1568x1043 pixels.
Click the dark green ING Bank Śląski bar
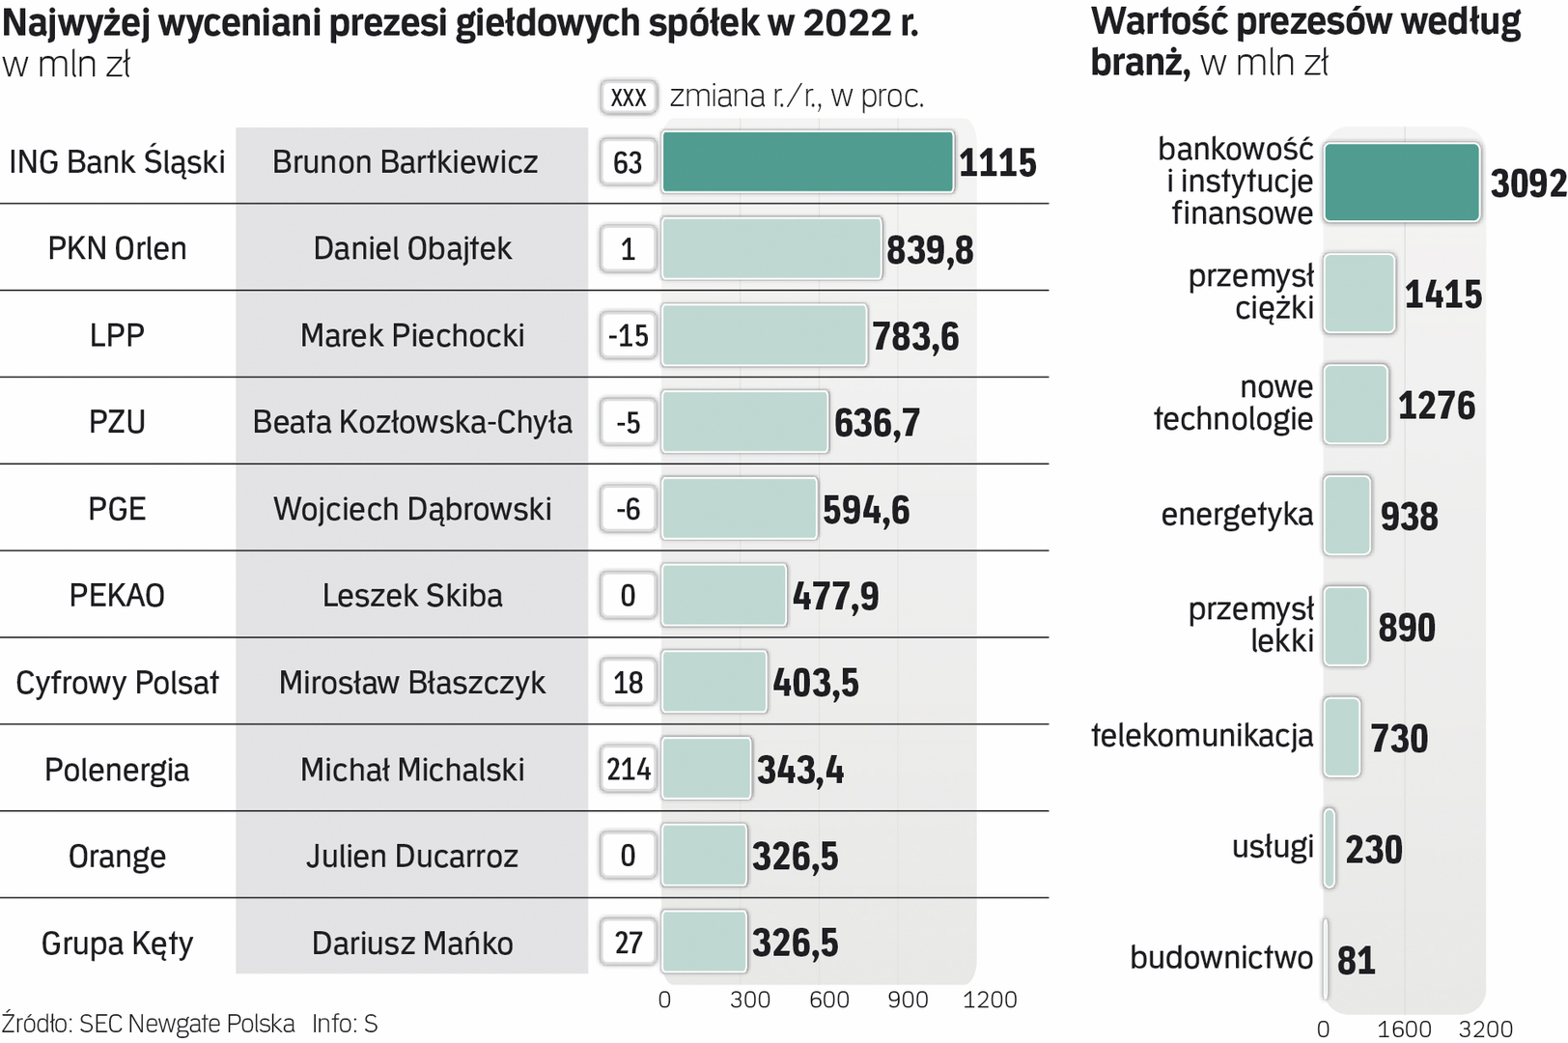[807, 162]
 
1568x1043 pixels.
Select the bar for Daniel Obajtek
[771, 249]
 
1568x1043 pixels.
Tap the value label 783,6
[915, 336]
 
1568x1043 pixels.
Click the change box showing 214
[629, 770]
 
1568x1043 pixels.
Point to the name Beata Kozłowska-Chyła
[412, 422]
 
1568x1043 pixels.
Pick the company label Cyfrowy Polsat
[117, 683]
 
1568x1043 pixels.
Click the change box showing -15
[629, 336]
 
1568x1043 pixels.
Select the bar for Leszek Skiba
[724, 596]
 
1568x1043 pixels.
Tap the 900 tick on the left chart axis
[908, 1000]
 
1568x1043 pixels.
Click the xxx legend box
[629, 97]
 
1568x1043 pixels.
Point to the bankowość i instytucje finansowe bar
[1401, 183]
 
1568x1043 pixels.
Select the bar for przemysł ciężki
[1359, 294]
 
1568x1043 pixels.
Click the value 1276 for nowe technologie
[1437, 406]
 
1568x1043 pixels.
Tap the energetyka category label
[1237, 515]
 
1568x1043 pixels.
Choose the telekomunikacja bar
[1342, 738]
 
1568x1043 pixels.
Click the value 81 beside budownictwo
[1356, 960]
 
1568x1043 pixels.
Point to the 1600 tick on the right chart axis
[1404, 1029]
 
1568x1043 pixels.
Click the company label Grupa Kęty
[117, 944]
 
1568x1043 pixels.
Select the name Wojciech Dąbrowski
[412, 509]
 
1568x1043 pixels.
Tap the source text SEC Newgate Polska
[187, 1024]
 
